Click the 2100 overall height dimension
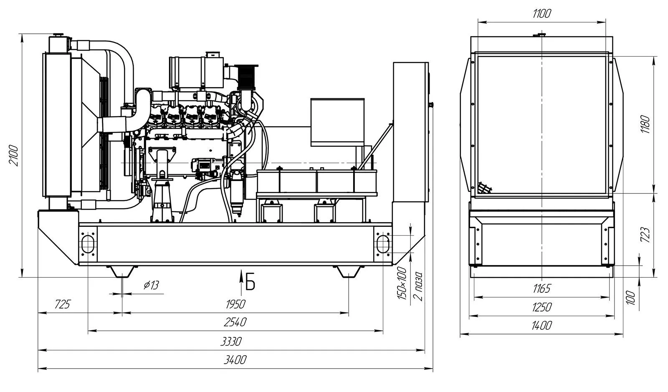[14, 156]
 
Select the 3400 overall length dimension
[235, 360]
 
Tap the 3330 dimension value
[231, 342]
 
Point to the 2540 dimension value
[235, 322]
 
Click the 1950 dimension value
[235, 304]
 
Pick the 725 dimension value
[62, 304]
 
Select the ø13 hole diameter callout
[151, 285]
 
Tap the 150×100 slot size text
[402, 283]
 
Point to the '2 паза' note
[418, 286]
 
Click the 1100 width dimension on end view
[542, 14]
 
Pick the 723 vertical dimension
[645, 235]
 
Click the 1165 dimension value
[542, 288]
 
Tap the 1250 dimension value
[542, 307]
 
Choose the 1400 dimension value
[542, 326]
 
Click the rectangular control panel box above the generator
[337, 122]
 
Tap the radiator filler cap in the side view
[58, 35]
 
